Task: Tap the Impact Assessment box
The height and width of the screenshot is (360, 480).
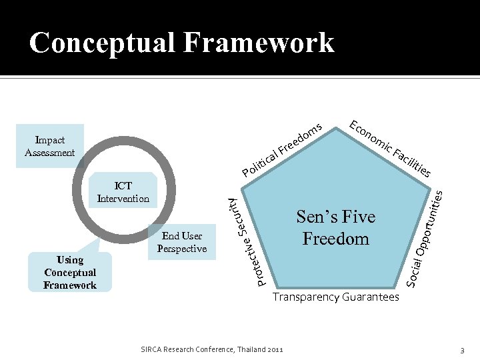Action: (50, 146)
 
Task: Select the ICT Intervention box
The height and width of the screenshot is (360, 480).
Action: (123, 192)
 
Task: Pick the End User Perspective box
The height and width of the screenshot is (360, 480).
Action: (182, 243)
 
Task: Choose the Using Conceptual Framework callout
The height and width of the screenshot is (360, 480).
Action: (70, 272)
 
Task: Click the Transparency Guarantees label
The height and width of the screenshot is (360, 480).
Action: (335, 297)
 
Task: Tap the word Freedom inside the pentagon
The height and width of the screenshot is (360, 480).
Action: (335, 239)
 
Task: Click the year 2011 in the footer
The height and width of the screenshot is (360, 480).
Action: (275, 349)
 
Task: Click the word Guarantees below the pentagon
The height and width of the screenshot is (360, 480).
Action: (371, 297)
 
